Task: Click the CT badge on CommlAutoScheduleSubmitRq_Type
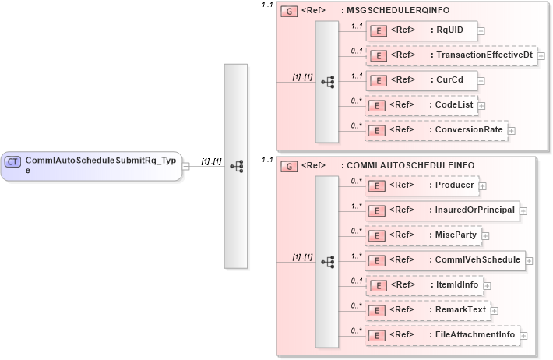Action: [13, 161]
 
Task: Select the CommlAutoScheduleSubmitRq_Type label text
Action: [100, 164]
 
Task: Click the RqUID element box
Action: [421, 30]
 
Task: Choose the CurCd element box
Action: [421, 80]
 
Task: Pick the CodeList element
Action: [422, 105]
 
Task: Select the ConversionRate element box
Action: [436, 129]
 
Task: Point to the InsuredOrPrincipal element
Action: [442, 210]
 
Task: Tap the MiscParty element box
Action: [424, 235]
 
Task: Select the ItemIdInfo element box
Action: [424, 285]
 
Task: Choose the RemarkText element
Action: [428, 310]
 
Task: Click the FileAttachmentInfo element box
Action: [442, 335]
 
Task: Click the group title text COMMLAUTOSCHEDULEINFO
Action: [410, 165]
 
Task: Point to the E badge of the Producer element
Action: [378, 186]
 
